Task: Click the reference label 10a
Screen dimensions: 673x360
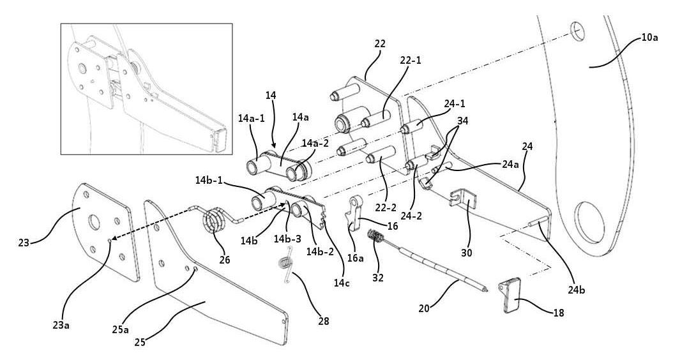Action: coord(650,37)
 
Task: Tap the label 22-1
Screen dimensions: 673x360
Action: coord(411,61)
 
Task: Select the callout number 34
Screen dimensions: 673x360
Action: coord(462,121)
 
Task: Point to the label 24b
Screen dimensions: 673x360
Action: coord(576,290)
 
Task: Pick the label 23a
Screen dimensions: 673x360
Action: coord(61,325)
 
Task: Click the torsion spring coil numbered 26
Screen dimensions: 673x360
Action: coord(213,220)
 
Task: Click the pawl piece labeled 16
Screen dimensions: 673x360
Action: coord(354,213)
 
